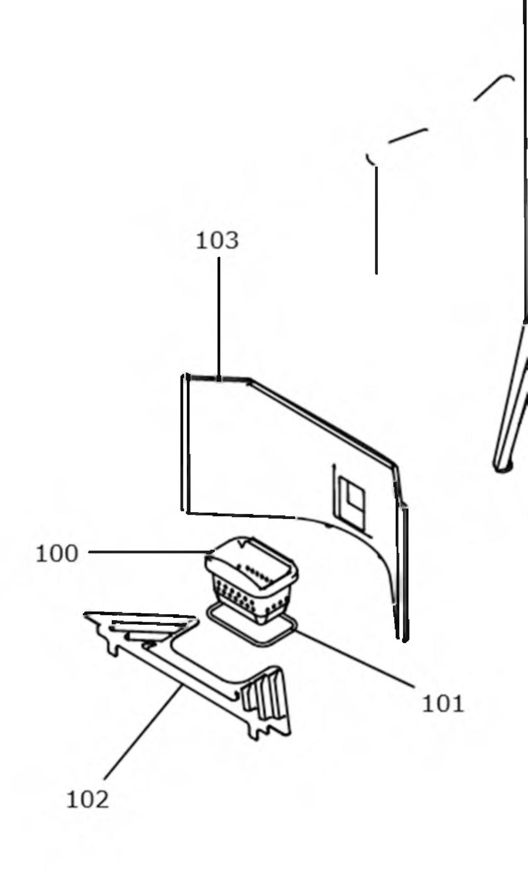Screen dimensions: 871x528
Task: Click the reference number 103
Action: pyautogui.click(x=217, y=241)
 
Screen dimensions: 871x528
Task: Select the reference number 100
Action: pyautogui.click(x=57, y=554)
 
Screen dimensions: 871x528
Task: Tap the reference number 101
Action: pyautogui.click(x=443, y=704)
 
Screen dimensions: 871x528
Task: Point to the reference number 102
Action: pyautogui.click(x=87, y=800)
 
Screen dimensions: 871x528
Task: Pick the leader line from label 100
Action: pyautogui.click(x=148, y=552)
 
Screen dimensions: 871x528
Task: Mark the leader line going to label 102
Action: pyautogui.click(x=144, y=732)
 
